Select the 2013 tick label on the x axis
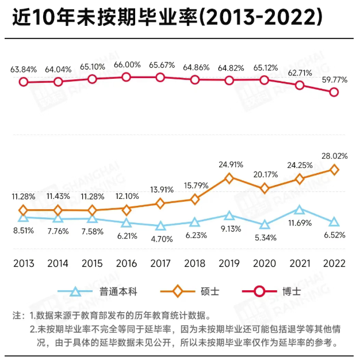pyautogui.click(x=23, y=264)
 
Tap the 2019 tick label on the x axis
pyautogui.click(x=229, y=264)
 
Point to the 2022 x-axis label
pyautogui.click(x=334, y=264)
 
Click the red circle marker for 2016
pyautogui.click(x=127, y=77)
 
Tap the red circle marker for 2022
pyautogui.click(x=334, y=92)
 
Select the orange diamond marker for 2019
pyautogui.click(x=229, y=178)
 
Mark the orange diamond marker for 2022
pyautogui.click(x=334, y=170)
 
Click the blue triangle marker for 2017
pyautogui.click(x=160, y=226)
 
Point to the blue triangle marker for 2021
pyautogui.click(x=299, y=210)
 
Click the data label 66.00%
pyautogui.click(x=127, y=64)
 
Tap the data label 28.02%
pyautogui.click(x=334, y=155)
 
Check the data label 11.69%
pyautogui.click(x=299, y=223)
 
